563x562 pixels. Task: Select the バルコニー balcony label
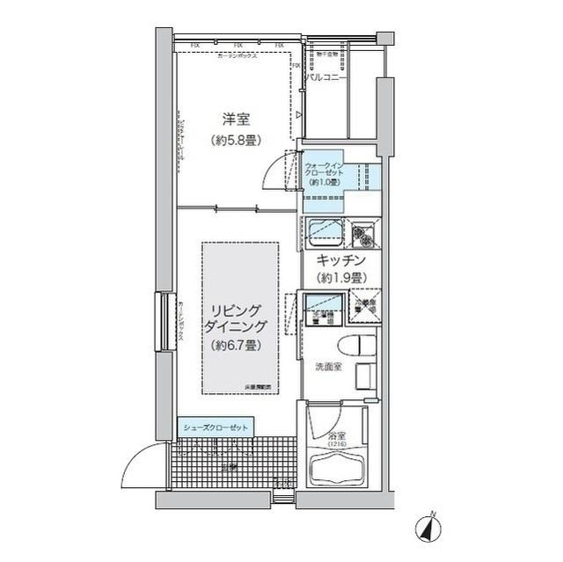[325, 78]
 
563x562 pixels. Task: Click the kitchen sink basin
[323, 232]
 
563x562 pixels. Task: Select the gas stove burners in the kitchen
[362, 234]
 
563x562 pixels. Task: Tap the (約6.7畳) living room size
[233, 346]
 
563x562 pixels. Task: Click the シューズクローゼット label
[216, 427]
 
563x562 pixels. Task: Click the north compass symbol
[429, 528]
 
